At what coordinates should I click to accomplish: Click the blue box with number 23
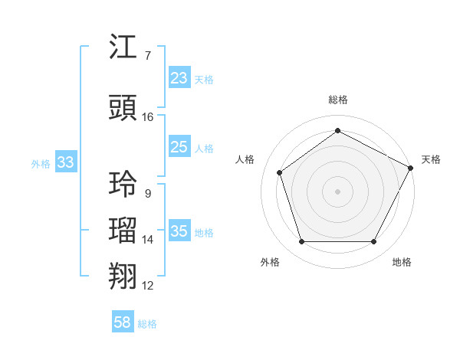(179, 78)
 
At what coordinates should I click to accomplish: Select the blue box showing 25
(179, 147)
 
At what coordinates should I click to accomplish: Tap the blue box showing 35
(179, 231)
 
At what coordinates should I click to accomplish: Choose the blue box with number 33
(65, 162)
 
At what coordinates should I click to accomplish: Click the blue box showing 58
(123, 322)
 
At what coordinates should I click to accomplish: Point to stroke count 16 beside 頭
(148, 117)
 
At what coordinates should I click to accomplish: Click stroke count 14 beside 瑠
(148, 240)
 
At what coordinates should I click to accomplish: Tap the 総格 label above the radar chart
(337, 100)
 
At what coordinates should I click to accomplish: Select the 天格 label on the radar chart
(431, 159)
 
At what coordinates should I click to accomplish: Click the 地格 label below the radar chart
(402, 262)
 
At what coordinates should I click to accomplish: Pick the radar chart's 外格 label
(270, 262)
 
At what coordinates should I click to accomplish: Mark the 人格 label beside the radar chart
(245, 159)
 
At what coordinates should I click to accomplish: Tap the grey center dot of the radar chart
(337, 191)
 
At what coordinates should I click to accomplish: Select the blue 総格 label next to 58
(147, 323)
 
